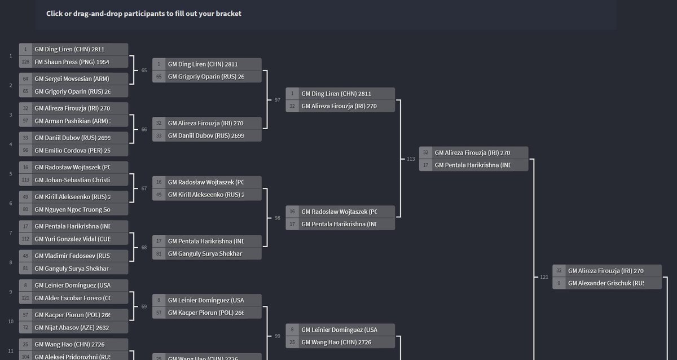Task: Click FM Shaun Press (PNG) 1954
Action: pos(72,62)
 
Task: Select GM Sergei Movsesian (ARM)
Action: pos(72,79)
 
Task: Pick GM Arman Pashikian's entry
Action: pos(72,121)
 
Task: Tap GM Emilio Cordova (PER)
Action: pos(72,151)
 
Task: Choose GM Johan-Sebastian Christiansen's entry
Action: pos(72,180)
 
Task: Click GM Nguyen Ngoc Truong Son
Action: pos(72,210)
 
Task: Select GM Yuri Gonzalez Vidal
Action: pos(72,239)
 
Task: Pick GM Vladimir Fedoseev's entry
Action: pos(72,256)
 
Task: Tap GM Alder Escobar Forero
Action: pos(72,298)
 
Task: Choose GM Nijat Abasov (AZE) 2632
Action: pos(72,327)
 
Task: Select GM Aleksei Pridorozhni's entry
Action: pos(72,357)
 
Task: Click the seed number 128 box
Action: pos(25,62)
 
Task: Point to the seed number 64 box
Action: pos(25,79)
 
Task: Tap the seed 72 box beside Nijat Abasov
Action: pos(25,327)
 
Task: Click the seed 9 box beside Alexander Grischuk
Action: pos(559,283)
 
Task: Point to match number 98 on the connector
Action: pos(277,218)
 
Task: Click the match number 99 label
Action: pos(277,336)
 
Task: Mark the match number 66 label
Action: pos(144,130)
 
